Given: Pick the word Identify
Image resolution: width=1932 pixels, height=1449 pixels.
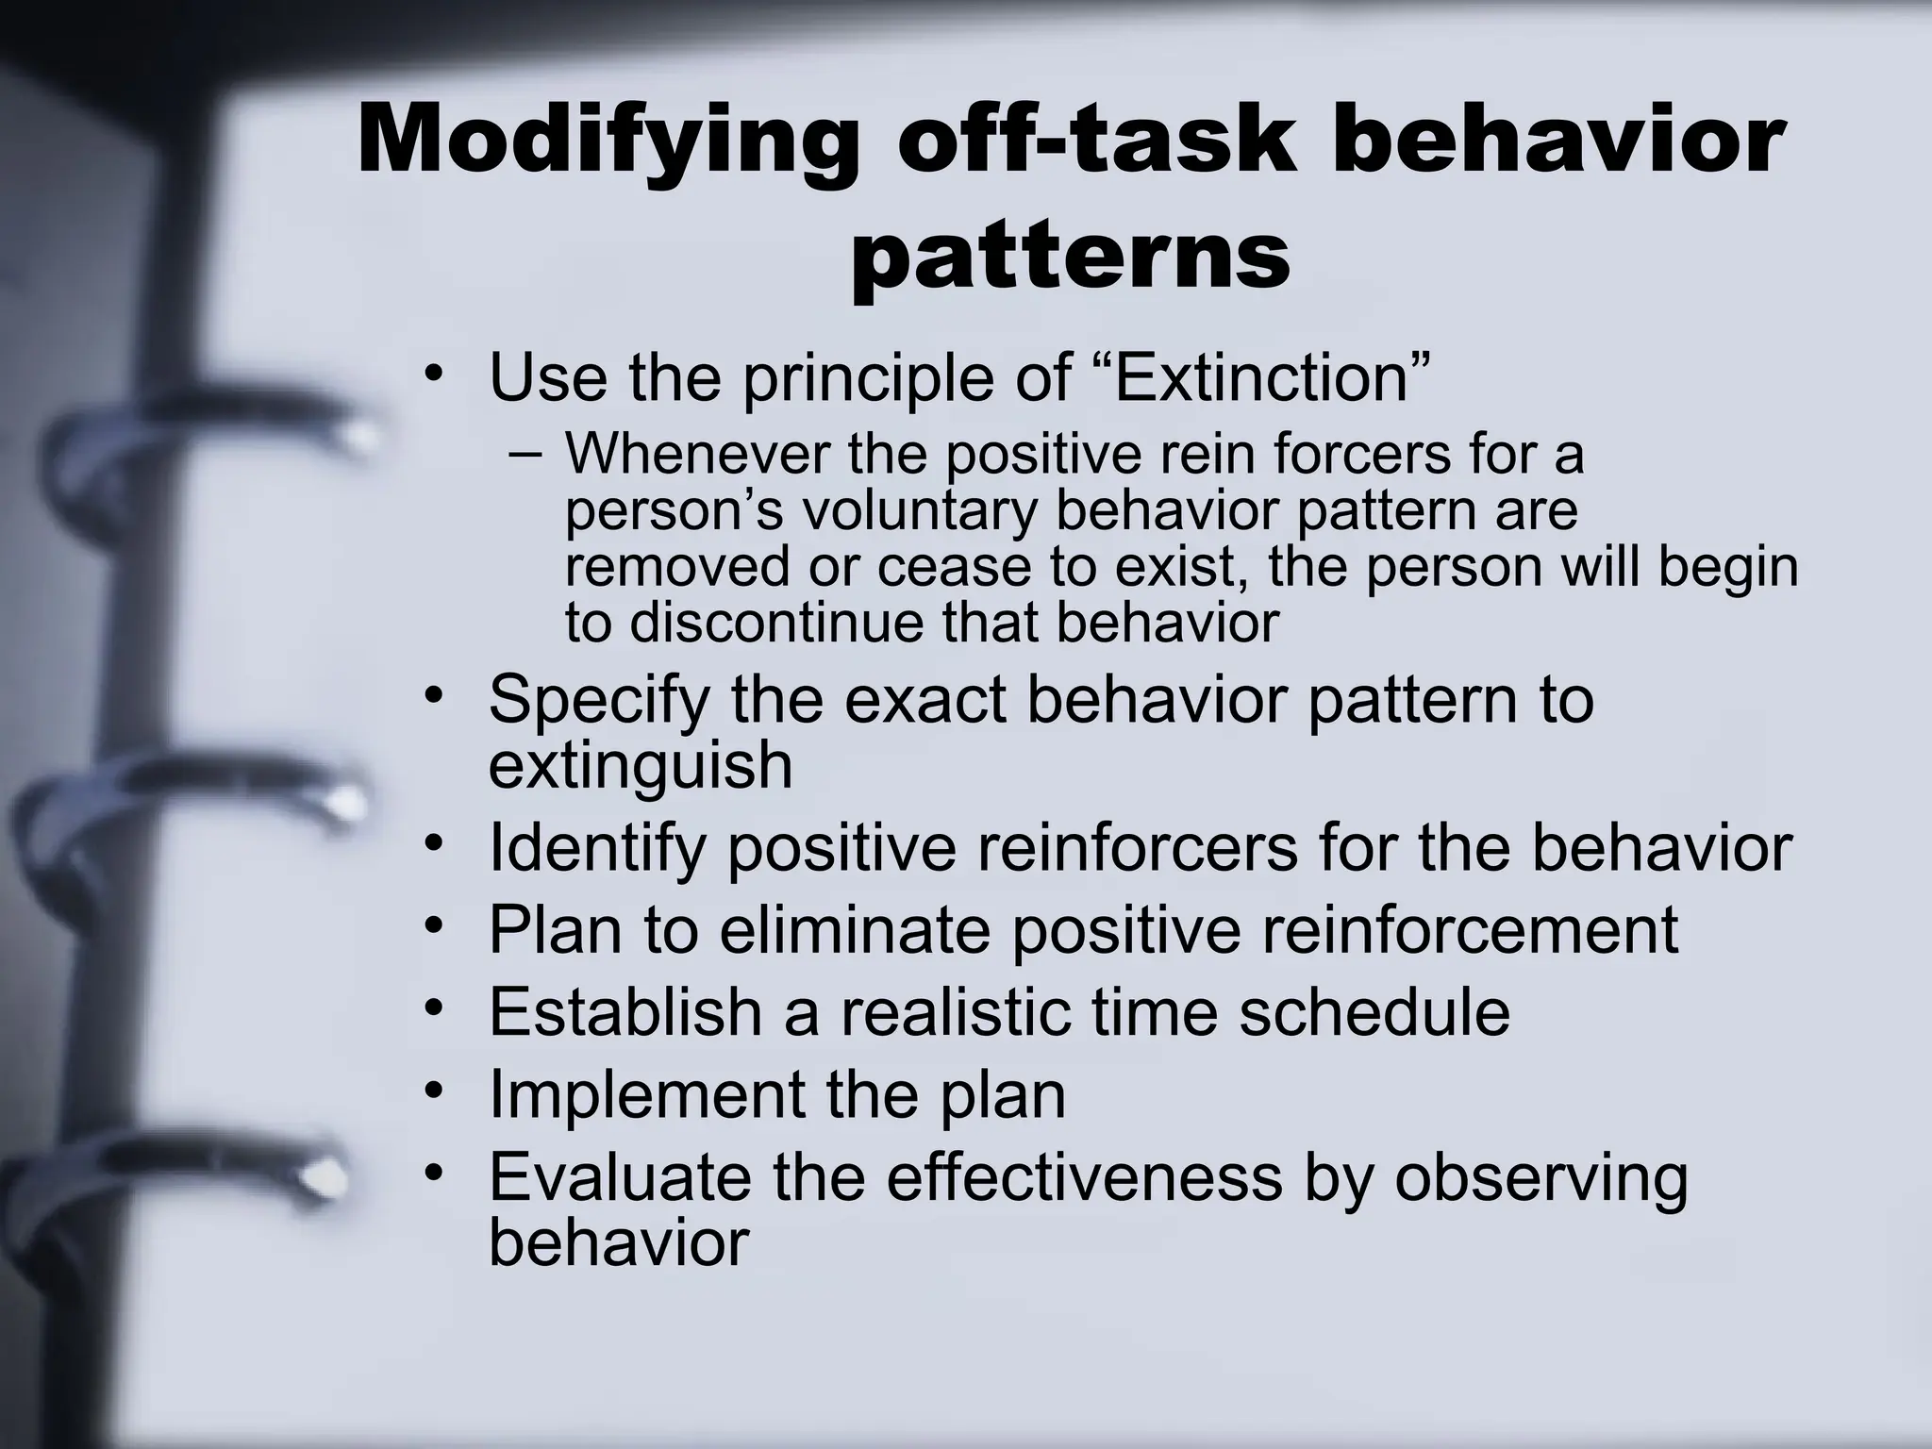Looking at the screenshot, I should [597, 848].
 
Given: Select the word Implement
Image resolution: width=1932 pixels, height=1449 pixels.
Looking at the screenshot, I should [647, 1095].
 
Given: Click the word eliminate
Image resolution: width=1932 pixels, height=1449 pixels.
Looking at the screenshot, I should [855, 930].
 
